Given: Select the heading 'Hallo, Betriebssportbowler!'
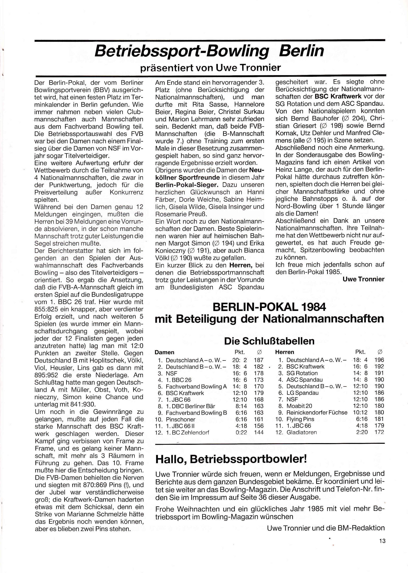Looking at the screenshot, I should tap(231, 459).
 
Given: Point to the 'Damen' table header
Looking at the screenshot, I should tap(164, 352).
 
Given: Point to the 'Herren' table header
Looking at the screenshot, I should tap(285, 352).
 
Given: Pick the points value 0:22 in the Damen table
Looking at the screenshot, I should tap(241, 433).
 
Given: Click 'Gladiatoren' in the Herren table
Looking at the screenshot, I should tap(301, 432).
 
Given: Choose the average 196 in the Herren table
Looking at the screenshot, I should tap(379, 360).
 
